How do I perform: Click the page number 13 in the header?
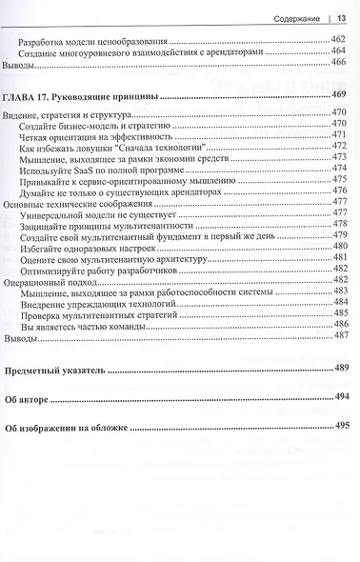[341, 14]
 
